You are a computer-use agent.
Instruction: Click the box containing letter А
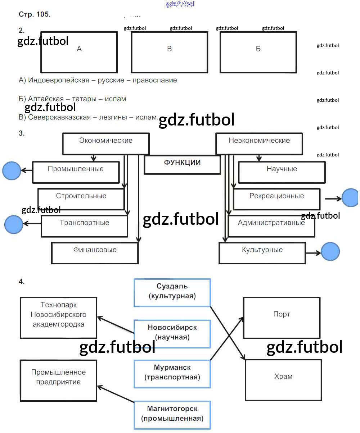click(x=79, y=52)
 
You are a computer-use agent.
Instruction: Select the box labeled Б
click(x=258, y=52)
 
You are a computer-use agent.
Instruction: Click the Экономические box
click(x=106, y=143)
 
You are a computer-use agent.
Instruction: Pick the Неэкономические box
click(x=259, y=143)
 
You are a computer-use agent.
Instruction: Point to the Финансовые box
click(x=95, y=253)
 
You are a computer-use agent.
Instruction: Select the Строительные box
click(x=81, y=199)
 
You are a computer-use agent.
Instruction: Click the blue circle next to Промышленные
click(x=12, y=170)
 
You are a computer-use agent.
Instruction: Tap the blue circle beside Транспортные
click(x=14, y=224)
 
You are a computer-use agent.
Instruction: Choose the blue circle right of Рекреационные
click(x=350, y=198)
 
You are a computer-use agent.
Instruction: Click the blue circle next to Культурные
click(x=330, y=251)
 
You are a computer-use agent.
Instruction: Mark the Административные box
click(x=271, y=226)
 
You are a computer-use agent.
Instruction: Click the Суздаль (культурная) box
click(x=172, y=292)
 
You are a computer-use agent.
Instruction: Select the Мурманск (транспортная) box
click(x=172, y=374)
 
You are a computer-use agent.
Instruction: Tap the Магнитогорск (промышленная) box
click(x=172, y=414)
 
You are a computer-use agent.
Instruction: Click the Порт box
click(x=282, y=318)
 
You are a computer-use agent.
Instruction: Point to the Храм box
click(x=283, y=380)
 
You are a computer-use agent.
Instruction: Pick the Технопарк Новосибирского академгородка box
click(x=58, y=318)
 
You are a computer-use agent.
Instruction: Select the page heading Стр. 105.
click(x=35, y=15)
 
